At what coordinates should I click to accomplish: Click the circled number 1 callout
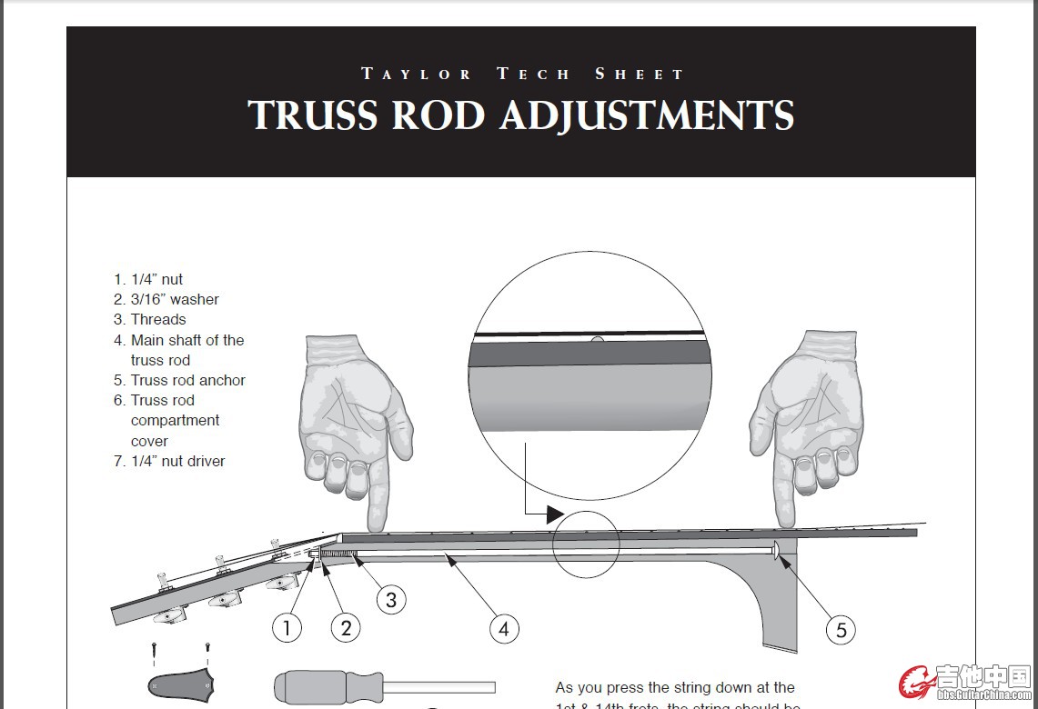click(287, 627)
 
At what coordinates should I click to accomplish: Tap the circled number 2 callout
click(346, 627)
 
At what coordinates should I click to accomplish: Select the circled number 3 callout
click(391, 599)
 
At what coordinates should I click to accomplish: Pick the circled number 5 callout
click(841, 629)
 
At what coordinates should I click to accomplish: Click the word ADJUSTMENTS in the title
click(647, 115)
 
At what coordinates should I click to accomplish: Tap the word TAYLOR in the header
click(417, 74)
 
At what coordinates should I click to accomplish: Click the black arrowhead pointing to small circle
click(554, 514)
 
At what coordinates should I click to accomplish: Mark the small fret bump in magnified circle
click(596, 340)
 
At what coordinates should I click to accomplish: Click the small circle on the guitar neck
click(586, 544)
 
